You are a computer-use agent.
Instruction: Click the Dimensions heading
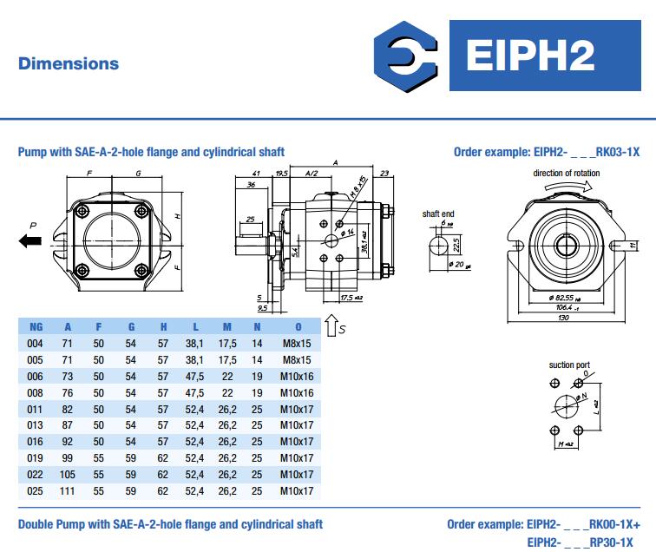coord(69,63)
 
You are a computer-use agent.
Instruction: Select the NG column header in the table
coord(36,327)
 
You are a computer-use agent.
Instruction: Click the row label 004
coord(36,343)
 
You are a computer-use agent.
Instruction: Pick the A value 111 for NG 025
coord(69,491)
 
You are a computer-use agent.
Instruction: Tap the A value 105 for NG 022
coord(69,475)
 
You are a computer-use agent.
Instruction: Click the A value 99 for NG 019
coord(69,458)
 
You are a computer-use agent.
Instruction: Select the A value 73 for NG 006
coord(69,376)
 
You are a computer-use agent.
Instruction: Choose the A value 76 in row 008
coord(69,392)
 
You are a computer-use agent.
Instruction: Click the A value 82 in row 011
coord(69,409)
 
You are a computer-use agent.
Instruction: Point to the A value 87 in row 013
coord(69,425)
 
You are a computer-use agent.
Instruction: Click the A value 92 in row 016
coord(69,442)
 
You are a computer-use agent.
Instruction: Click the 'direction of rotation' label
coord(566,173)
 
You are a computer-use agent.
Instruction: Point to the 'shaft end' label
coord(438,213)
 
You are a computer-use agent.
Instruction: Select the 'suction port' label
coord(568,365)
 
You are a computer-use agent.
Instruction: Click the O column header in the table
coord(298,327)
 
